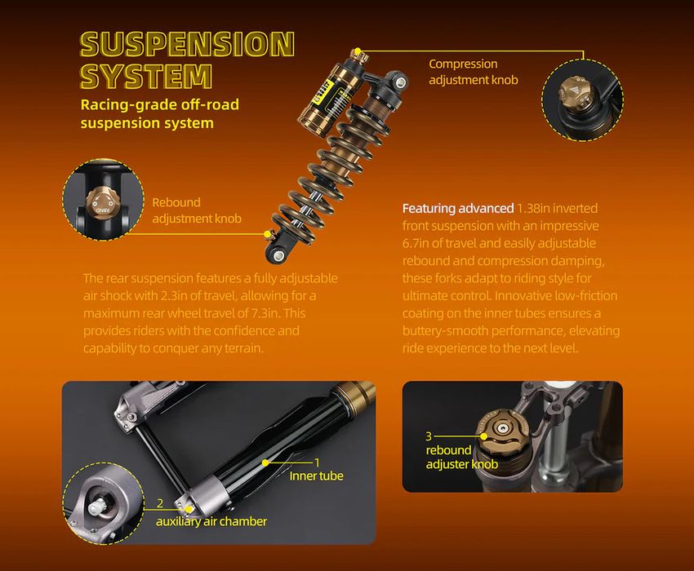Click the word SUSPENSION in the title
[187, 44]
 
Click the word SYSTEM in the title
[146, 76]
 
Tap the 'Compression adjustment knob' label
[473, 72]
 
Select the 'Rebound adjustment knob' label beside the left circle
[197, 210]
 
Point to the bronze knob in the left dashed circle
[102, 202]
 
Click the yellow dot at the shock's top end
[358, 51]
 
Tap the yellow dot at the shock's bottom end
[267, 233]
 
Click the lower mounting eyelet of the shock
[278, 255]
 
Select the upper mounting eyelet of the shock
[401, 82]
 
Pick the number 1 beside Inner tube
[317, 463]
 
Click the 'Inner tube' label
[316, 476]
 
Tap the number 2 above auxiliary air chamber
[160, 503]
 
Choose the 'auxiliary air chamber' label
[211, 521]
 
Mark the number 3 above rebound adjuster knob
[429, 436]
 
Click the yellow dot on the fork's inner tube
[265, 463]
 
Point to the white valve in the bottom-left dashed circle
[97, 507]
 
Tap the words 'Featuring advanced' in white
[458, 208]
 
